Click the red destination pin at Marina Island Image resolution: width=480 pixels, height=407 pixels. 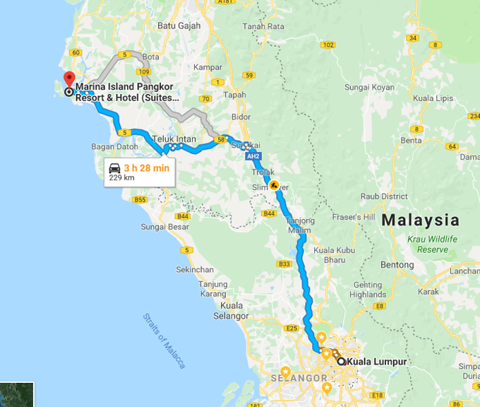click(68, 78)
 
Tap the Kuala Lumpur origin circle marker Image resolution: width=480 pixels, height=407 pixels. click(341, 361)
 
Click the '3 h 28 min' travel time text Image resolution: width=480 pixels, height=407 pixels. click(146, 167)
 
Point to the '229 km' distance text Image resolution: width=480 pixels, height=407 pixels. click(121, 178)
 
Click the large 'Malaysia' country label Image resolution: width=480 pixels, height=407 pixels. click(420, 220)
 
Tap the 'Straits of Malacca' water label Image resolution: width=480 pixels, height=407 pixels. click(164, 341)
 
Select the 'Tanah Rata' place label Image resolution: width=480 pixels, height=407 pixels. click(263, 27)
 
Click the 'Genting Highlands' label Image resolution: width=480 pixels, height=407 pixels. click(368, 290)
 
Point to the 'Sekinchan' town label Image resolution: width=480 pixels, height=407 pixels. click(195, 270)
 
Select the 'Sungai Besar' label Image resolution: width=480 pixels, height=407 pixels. click(164, 227)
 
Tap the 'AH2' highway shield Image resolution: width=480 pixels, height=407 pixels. click(254, 156)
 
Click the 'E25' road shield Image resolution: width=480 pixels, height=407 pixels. click(293, 328)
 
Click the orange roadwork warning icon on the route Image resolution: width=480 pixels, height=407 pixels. click(274, 186)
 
